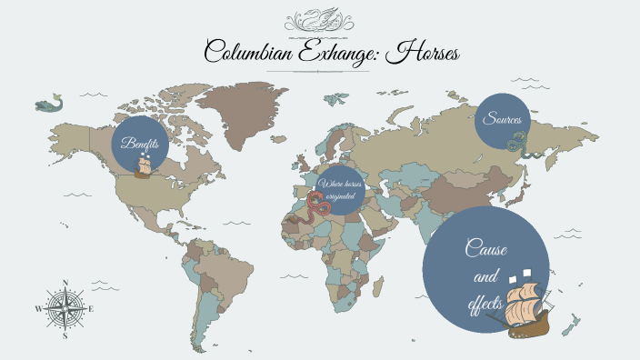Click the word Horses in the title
424,54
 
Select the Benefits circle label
141,144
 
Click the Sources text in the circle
502,119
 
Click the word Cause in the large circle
485,247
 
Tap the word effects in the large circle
485,303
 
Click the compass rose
65,309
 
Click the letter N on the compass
65,283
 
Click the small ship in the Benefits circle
144,165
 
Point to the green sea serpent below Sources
518,142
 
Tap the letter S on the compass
65,335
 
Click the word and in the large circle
482,275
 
